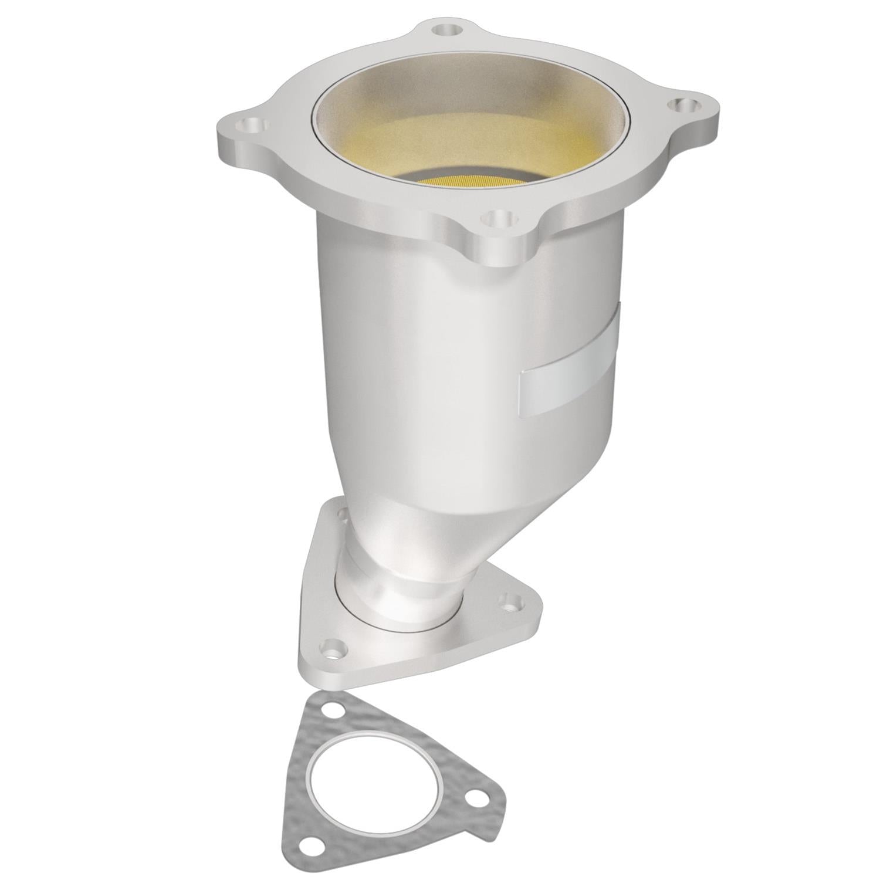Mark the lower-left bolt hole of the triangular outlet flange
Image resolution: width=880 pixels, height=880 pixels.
point(331,649)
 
